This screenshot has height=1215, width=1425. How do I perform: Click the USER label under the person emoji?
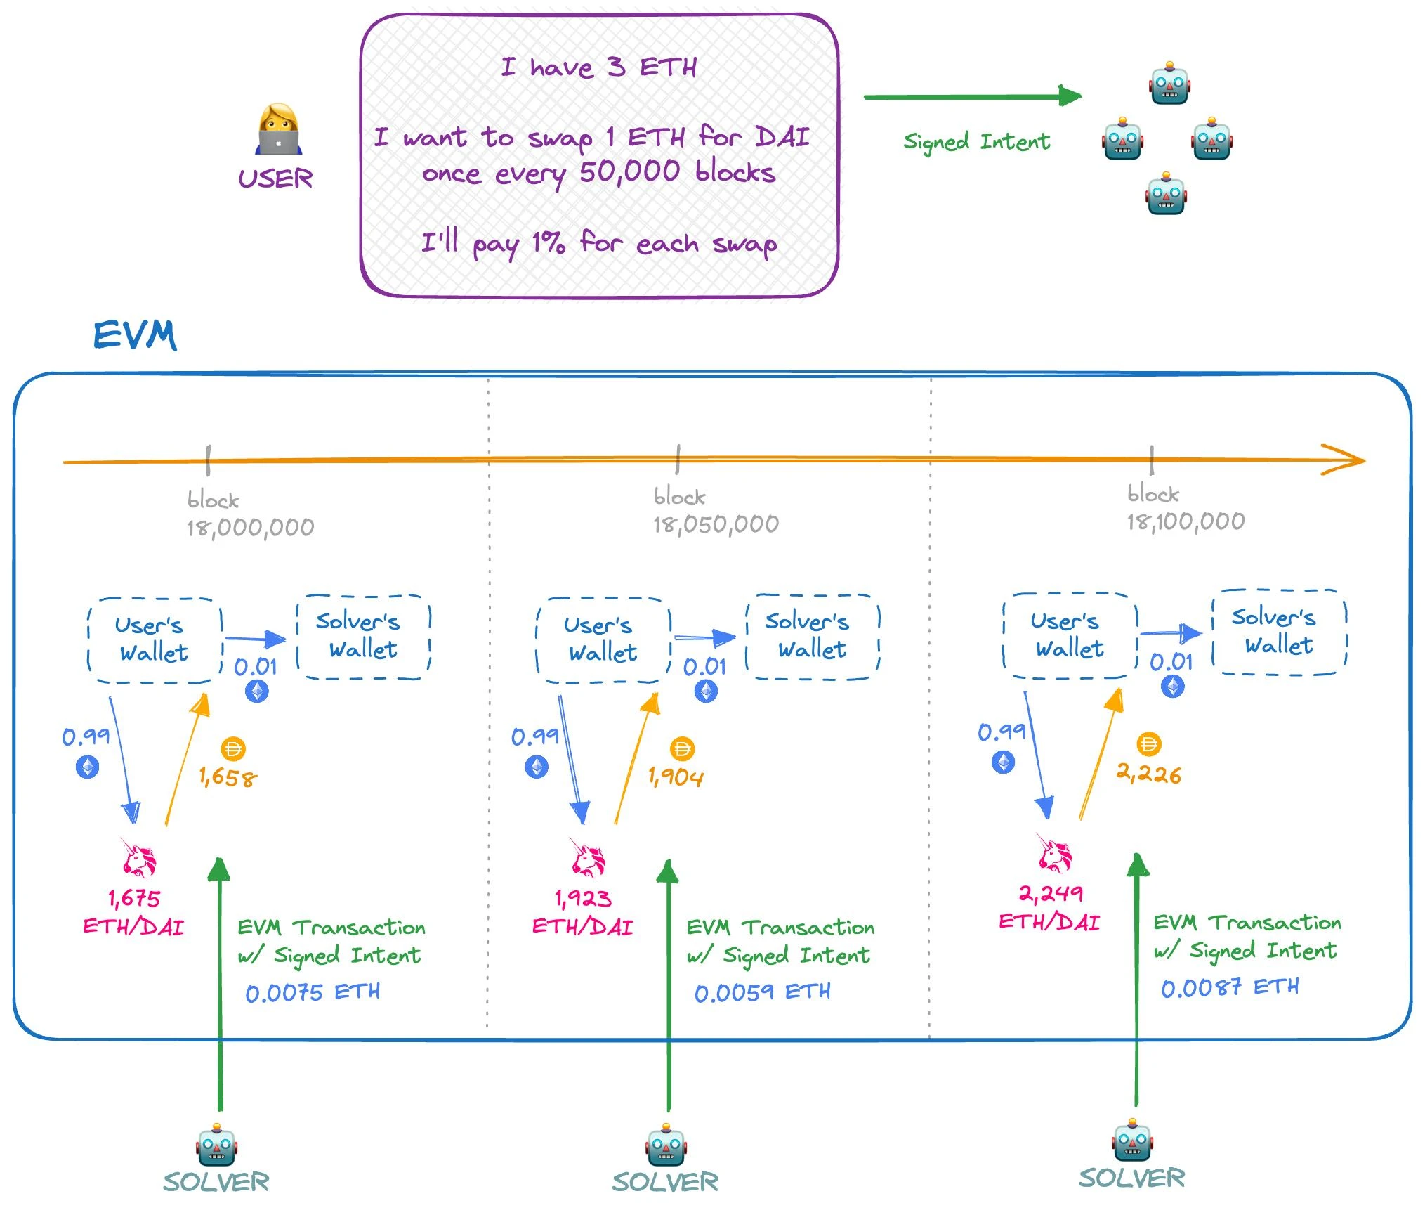coord(275,178)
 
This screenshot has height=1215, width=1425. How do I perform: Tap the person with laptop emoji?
coord(278,129)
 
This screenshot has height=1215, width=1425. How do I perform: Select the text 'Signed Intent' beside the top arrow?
coord(976,142)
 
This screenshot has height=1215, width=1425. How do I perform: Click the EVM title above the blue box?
coord(135,335)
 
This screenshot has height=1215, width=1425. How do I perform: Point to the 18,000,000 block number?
coord(250,527)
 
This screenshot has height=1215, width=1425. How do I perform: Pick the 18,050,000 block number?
coord(716,524)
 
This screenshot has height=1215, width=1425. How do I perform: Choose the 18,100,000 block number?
coord(1186,521)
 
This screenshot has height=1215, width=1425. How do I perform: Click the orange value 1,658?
coord(228,777)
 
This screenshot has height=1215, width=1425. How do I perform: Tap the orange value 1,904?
coord(675,777)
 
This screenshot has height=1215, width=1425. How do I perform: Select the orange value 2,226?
coord(1148,774)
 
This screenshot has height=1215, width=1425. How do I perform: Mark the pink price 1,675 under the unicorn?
coord(133,898)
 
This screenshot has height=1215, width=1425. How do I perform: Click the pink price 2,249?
coord(1050,894)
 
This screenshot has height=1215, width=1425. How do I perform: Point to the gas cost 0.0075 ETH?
coord(313,992)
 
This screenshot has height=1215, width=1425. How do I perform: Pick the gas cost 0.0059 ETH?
coord(762,992)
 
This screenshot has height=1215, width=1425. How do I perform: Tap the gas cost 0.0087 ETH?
coord(1229,988)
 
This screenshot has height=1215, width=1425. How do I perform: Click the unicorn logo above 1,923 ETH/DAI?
coord(588,858)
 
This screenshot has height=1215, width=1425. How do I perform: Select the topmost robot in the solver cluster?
coord(1169,84)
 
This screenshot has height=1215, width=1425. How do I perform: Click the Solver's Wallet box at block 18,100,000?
coord(1279,632)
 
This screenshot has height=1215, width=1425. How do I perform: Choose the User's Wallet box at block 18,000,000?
coord(155,639)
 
